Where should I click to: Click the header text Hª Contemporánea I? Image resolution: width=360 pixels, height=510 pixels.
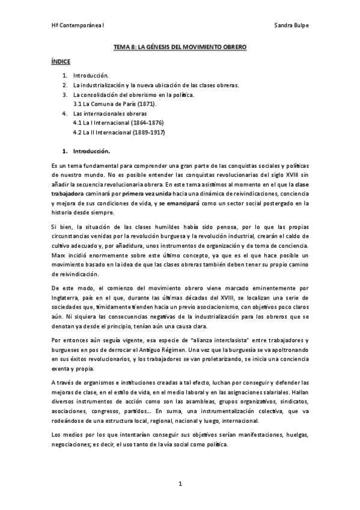coord(78,26)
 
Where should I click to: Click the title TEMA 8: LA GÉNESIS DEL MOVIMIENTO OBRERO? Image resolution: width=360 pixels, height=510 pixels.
coord(180,46)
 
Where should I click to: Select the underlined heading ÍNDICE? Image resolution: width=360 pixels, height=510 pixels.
coord(60,61)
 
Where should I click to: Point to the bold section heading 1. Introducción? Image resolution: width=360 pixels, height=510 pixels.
coord(87,150)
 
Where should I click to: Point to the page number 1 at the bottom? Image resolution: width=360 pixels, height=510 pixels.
coord(180,483)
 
